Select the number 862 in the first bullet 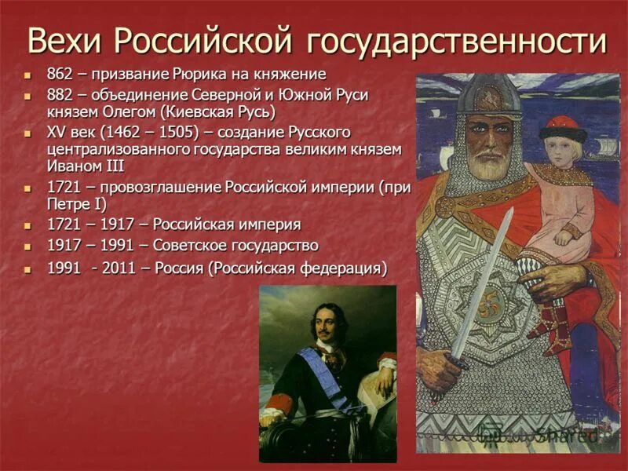[60, 75]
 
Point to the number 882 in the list [60, 94]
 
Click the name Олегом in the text [116, 111]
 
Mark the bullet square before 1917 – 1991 [28, 246]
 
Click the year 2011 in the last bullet [115, 268]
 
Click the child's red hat [562, 128]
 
